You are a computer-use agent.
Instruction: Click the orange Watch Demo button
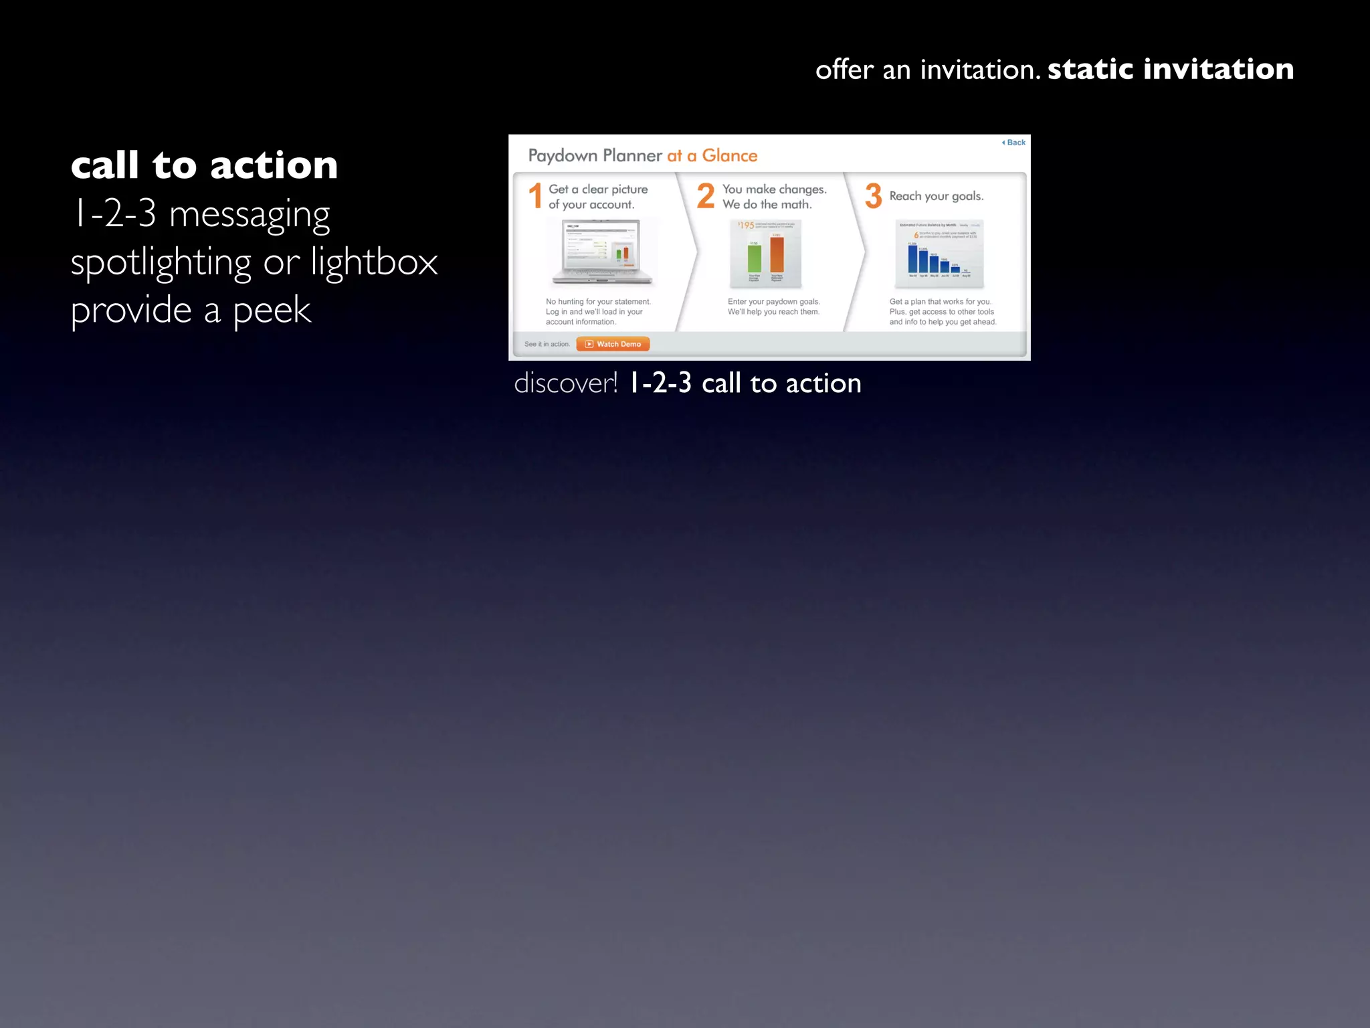613,344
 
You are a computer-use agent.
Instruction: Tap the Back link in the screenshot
1014,143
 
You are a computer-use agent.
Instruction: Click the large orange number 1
535,196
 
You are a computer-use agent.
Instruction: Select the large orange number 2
706,196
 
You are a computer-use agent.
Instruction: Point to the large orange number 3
873,196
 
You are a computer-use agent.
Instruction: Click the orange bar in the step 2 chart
777,254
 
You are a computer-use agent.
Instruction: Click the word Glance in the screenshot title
729,156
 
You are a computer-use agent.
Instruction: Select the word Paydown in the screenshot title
563,156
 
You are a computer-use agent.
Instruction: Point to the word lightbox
374,261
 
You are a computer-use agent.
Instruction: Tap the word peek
272,310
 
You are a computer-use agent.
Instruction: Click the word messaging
250,214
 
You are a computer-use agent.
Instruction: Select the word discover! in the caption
566,383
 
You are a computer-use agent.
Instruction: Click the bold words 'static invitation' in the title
1170,69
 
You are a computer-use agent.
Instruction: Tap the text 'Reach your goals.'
936,196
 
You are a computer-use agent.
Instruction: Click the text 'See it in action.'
547,344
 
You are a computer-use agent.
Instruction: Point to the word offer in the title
844,69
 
